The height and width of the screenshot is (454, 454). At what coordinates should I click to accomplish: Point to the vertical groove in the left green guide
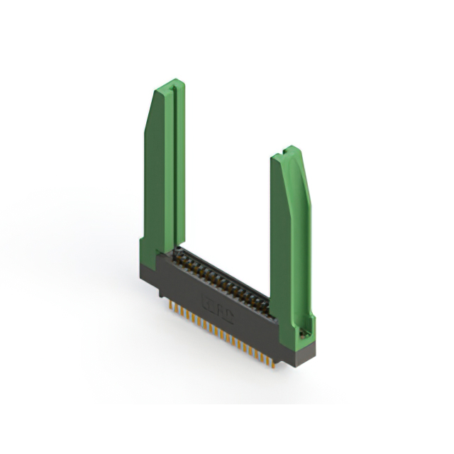click(170, 170)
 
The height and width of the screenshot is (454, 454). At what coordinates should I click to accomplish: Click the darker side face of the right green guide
click(280, 241)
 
